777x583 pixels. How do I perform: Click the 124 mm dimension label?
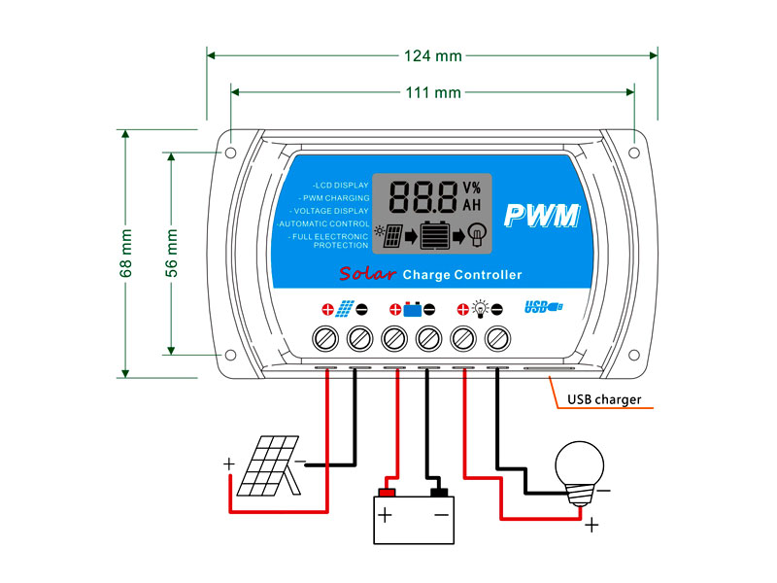tap(433, 55)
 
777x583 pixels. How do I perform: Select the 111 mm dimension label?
tap(433, 93)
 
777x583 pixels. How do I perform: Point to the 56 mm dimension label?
tap(171, 254)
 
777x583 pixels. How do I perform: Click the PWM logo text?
tap(542, 215)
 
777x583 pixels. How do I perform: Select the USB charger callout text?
tap(604, 399)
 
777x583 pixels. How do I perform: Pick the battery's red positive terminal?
tap(389, 481)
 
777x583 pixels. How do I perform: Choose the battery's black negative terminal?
tap(438, 481)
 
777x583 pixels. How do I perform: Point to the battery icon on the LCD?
tap(438, 237)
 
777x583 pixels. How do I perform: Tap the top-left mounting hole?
tap(231, 153)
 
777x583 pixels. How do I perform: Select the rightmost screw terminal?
tap(498, 338)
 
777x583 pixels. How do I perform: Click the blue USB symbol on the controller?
tap(543, 308)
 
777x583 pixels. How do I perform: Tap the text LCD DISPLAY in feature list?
tap(341, 185)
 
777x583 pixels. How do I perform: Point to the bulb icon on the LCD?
tap(477, 233)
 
